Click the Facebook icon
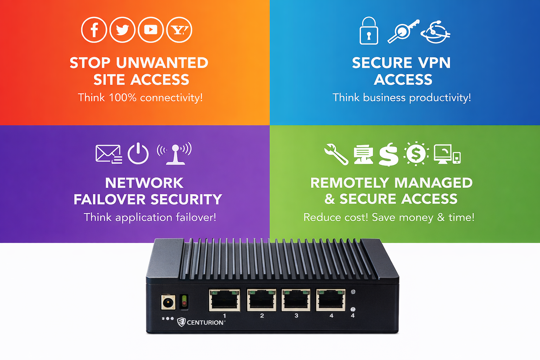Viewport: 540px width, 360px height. pos(94,30)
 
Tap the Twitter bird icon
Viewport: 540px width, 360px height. pos(122,30)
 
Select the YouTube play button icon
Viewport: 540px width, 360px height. pos(151,30)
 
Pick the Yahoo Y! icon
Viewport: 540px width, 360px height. pos(179,30)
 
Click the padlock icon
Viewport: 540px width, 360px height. pos(369,31)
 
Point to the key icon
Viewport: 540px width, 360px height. pos(403,31)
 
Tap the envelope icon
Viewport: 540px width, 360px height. pos(108,154)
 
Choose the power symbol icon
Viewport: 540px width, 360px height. pos(138,154)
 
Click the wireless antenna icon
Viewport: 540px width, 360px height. pos(175,154)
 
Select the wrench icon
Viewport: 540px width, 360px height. pos(336,154)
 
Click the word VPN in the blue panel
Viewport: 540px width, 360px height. pos(433,63)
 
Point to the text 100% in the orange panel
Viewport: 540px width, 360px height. pos(122,97)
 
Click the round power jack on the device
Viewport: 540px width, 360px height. pos(168,302)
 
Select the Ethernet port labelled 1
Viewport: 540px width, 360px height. pos(225,300)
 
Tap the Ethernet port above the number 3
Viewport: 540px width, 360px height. pos(296,300)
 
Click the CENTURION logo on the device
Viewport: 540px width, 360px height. pos(201,322)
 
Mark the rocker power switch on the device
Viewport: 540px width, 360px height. pos(184,302)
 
